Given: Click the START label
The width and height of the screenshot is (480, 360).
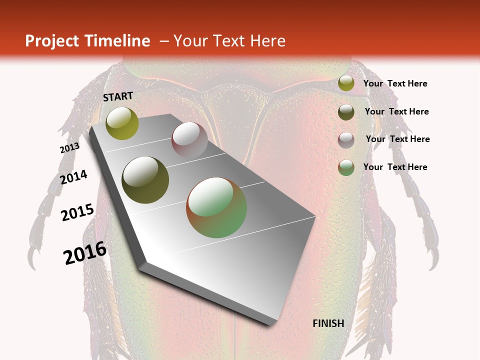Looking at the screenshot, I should pos(118,96).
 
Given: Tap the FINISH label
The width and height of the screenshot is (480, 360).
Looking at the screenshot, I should pos(328,323).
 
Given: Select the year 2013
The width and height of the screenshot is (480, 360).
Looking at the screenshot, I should pos(69,148).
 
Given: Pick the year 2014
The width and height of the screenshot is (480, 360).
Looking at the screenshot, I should pos(73,177).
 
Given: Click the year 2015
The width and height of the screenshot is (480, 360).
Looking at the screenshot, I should pos(77,212).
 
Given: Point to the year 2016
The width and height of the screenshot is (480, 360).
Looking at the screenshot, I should pos(85,253).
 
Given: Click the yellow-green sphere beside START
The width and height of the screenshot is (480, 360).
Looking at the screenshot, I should pos(122,123).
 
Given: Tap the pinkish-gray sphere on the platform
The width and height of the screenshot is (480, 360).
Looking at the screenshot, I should pos(189,140).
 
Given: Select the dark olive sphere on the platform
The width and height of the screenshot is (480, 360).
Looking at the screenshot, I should pos(145,180).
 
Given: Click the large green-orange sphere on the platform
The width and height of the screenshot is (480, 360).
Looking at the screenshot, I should pos(216,207).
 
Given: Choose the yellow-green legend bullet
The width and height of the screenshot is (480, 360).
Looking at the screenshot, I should pos(345,83).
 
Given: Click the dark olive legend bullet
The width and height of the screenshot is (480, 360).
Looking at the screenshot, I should pos(345,112).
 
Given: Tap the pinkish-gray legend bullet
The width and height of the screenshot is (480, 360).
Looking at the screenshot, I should pos(345,140).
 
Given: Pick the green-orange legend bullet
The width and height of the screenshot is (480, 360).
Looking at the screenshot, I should pos(345,167).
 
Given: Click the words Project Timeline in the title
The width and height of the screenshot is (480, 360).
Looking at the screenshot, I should pos(87,41).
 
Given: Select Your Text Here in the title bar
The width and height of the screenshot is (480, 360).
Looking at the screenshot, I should pos(229,41).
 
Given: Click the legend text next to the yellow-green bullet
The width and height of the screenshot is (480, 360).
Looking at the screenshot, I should pos(395,84).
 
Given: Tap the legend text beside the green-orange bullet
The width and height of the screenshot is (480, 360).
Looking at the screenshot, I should pos(395,167).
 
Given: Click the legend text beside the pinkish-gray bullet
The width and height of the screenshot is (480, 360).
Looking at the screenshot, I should pos(397,139).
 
